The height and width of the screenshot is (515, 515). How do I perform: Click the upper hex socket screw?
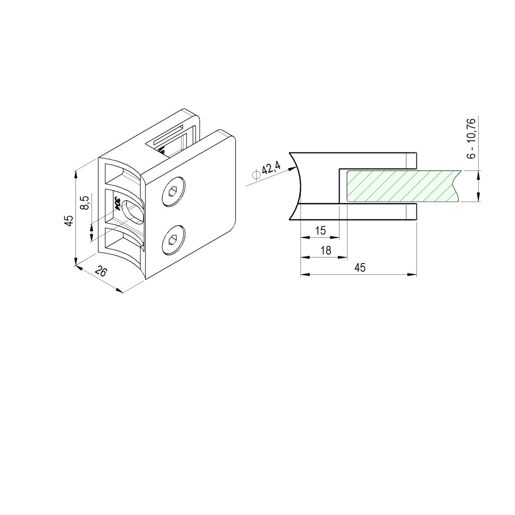tap(174, 192)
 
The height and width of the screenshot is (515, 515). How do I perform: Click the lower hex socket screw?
tap(174, 240)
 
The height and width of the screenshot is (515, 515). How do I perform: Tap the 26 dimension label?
tap(101, 271)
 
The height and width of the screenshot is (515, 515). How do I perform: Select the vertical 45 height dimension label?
tap(69, 220)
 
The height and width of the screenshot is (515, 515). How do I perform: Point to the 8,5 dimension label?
tap(84, 202)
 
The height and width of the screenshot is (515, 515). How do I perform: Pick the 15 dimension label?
tap(320, 230)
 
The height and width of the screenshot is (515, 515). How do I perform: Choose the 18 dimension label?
tap(326, 250)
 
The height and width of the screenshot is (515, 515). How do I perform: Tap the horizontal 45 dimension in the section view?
tap(360, 268)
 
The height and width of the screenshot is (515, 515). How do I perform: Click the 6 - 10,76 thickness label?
tap(471, 139)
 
